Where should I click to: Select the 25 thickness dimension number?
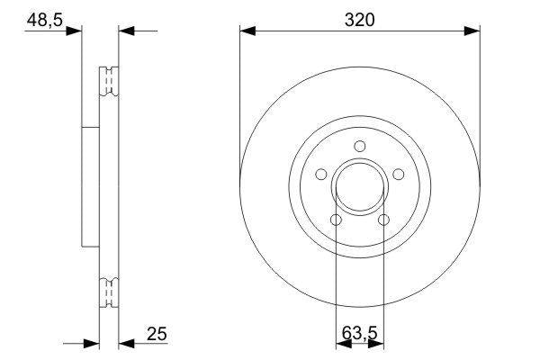(x=157, y=335)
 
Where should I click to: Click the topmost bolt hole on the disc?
(x=360, y=147)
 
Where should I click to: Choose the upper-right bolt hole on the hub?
(x=399, y=175)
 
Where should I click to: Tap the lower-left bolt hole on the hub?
(x=336, y=220)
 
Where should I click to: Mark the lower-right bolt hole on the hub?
(x=384, y=220)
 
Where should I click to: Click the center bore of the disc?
(x=360, y=188)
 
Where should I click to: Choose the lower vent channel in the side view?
(x=107, y=293)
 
